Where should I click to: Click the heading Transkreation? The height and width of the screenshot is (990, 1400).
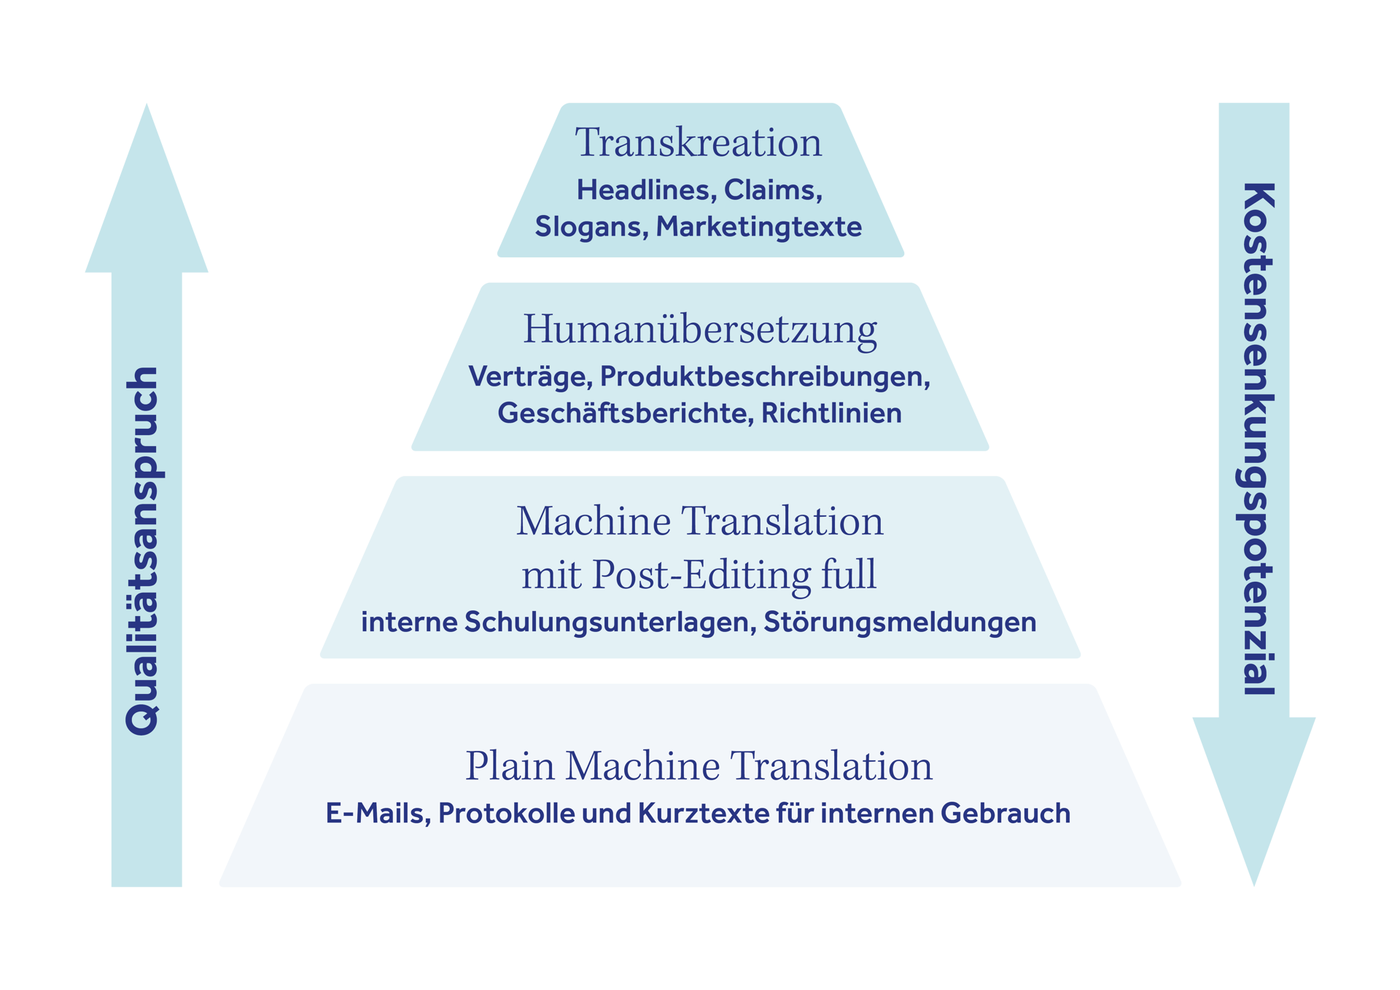click(698, 142)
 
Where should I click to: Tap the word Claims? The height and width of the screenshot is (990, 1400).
click(773, 190)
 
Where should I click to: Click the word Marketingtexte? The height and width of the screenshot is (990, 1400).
click(759, 227)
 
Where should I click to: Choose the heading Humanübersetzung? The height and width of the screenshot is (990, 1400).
click(700, 330)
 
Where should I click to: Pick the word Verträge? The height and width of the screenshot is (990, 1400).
click(530, 377)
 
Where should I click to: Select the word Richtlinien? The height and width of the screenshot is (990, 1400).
click(831, 413)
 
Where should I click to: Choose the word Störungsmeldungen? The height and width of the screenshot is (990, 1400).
click(900, 623)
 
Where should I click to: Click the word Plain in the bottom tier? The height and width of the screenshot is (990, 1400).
click(510, 767)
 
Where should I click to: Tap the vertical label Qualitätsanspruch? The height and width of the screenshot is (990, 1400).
click(143, 551)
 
